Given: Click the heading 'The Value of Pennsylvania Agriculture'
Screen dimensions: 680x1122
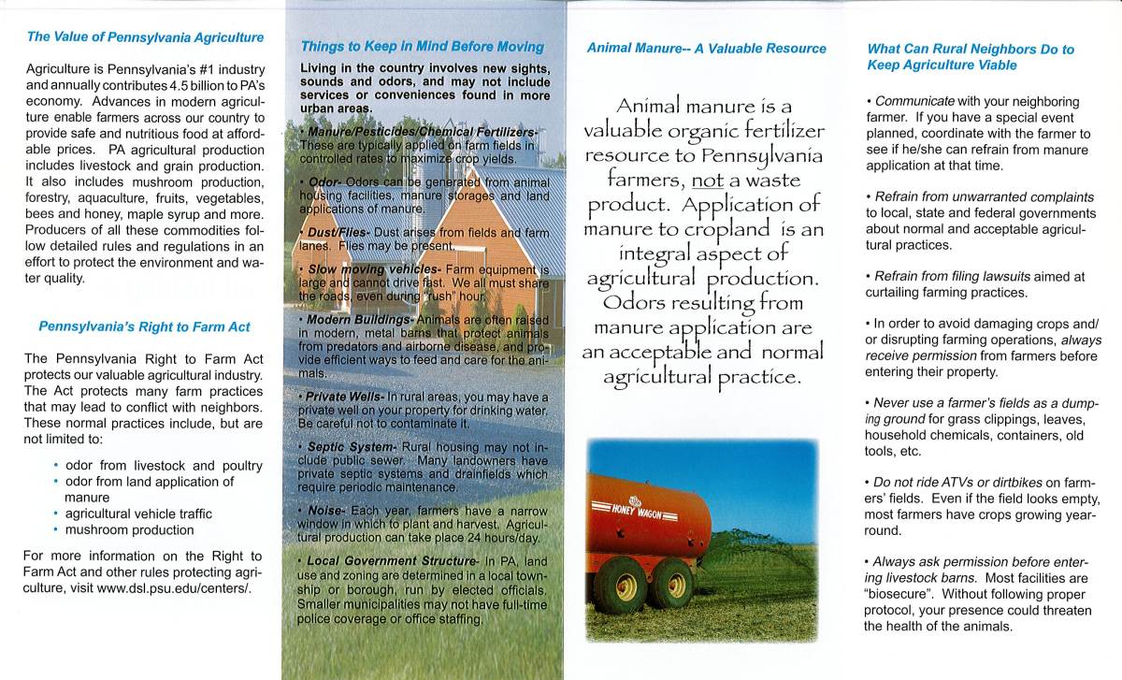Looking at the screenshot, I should click(x=145, y=37).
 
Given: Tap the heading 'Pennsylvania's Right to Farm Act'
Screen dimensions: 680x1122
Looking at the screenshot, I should click(x=144, y=326).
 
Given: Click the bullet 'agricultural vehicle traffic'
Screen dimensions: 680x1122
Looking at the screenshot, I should click(x=138, y=514).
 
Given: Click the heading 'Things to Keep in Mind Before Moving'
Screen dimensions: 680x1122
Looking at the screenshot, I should click(x=422, y=46).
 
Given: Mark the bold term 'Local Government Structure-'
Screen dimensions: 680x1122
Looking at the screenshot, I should click(x=391, y=560).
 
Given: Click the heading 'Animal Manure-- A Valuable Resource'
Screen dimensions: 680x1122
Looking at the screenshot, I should click(x=706, y=48).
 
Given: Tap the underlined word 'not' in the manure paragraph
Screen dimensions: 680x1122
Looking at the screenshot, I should click(x=695, y=178).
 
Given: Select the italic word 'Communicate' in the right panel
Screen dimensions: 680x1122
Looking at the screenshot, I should click(x=914, y=101).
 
